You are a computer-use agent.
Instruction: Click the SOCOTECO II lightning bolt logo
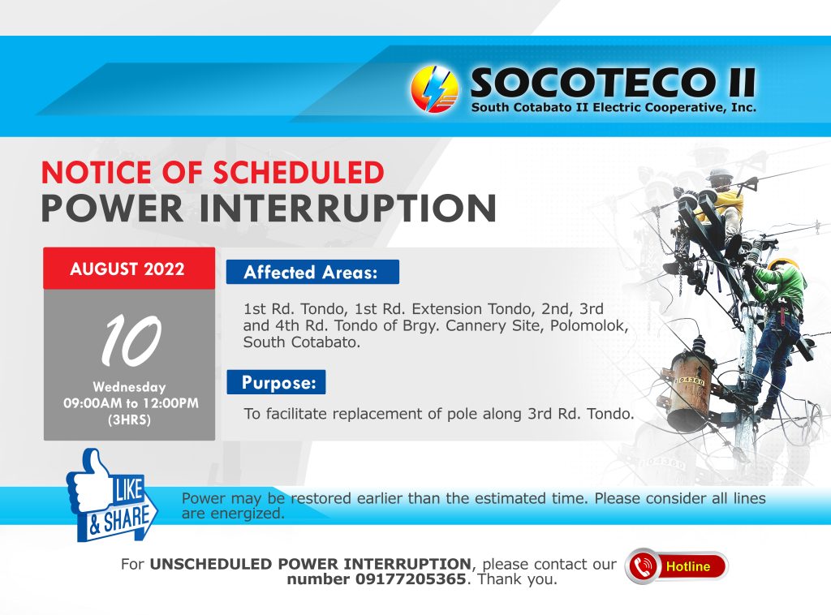click(x=435, y=89)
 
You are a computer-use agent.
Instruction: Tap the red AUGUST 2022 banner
click(x=129, y=269)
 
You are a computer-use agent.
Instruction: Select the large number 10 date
click(x=131, y=340)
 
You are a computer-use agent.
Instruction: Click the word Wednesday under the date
click(x=129, y=387)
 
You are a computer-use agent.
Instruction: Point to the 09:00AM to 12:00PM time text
click(x=131, y=403)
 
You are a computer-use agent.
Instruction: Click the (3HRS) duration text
click(x=129, y=420)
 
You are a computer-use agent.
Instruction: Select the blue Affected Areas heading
click(x=312, y=273)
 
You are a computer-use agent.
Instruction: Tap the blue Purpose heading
click(x=276, y=382)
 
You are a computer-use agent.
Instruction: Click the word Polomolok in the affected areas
click(x=589, y=325)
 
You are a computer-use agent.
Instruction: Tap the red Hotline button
click(x=677, y=566)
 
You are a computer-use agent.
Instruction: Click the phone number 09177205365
click(x=410, y=579)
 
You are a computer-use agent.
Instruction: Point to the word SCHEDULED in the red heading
click(x=299, y=172)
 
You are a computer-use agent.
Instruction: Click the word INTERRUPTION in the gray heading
click(x=347, y=209)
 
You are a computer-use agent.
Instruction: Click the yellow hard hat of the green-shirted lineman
click(x=783, y=263)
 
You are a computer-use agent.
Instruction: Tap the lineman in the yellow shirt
click(x=720, y=207)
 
